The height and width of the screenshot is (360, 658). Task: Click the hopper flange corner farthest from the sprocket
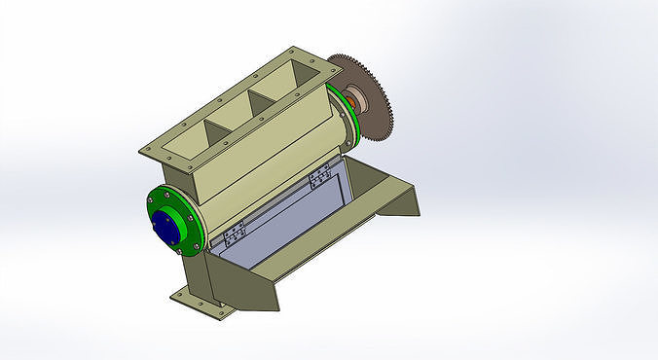pos(146,151)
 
